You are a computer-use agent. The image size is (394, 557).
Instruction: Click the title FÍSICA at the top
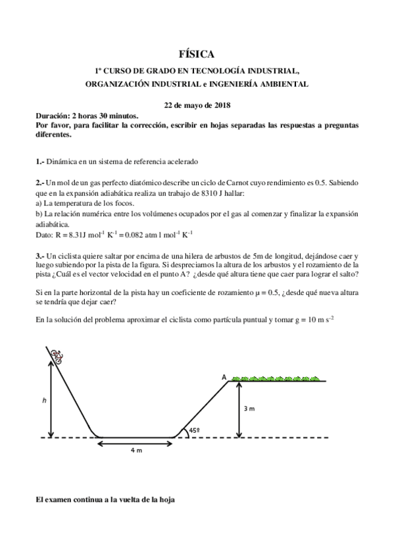197,55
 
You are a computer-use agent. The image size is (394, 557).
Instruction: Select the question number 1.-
39,161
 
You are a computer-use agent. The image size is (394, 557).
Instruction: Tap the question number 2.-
39,182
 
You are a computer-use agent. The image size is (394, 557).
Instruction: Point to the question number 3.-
39,255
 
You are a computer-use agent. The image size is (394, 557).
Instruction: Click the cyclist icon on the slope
57,357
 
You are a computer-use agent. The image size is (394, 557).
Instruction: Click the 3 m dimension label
250,409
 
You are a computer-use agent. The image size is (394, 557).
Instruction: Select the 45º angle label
194,431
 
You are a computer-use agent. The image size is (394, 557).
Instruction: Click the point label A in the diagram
224,377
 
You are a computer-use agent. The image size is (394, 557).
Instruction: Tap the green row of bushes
277,379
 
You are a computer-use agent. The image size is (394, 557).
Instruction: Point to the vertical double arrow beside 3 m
239,409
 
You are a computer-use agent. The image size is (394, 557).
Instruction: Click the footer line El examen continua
105,501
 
